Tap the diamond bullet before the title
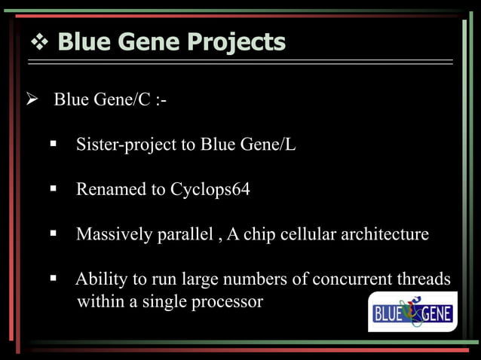point(40,42)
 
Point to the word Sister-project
point(125,145)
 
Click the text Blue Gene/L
point(248,145)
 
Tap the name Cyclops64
point(210,189)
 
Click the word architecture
point(384,234)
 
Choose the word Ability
point(102,279)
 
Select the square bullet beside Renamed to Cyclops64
point(55,188)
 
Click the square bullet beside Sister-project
point(55,144)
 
